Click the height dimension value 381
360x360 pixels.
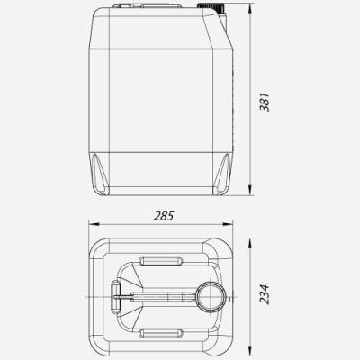(265, 103)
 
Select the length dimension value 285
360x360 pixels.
(164, 216)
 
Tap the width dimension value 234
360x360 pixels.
(265, 294)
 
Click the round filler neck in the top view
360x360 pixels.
(211, 297)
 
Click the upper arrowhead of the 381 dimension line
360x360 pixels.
(250, 10)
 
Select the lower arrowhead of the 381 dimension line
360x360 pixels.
(250, 190)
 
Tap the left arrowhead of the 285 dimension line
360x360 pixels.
(94, 224)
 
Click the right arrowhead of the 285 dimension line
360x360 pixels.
(227, 224)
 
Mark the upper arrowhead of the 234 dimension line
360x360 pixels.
(250, 245)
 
